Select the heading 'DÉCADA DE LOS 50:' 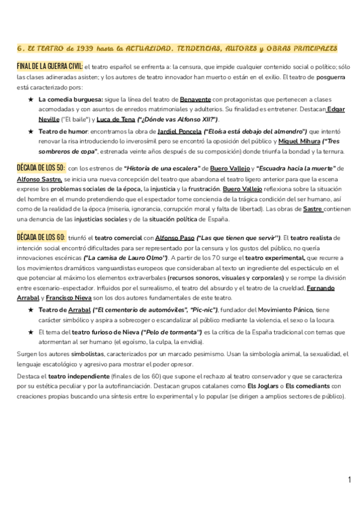coord(41,168)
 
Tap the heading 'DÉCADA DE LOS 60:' coord(41,238)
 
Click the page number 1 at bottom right coord(349,480)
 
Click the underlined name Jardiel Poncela coord(179,131)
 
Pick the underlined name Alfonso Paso coord(175,239)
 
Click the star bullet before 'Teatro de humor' coord(31,131)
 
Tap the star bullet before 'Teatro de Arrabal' coord(31,309)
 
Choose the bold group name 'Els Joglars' coord(265,386)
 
